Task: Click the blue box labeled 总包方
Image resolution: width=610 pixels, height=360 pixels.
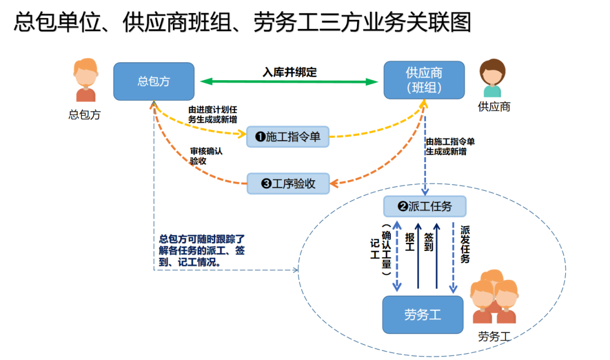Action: click(154, 81)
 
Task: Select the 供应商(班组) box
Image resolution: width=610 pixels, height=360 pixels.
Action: click(424, 81)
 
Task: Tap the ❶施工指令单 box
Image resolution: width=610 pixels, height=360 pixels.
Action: click(288, 137)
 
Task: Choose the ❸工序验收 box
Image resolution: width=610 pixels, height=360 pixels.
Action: click(288, 184)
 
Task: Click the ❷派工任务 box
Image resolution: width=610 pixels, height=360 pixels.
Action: click(425, 206)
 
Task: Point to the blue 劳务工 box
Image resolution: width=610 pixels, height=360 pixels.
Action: click(422, 315)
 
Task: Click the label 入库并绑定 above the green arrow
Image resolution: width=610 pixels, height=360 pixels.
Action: click(290, 72)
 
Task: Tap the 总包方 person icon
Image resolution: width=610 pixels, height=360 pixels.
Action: click(85, 80)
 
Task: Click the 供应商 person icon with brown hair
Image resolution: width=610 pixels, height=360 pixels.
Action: click(492, 79)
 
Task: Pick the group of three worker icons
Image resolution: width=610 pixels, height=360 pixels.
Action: click(494, 297)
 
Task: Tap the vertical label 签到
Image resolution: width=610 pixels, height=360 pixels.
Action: click(428, 241)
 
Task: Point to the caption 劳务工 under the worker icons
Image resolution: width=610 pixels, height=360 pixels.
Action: click(494, 337)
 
